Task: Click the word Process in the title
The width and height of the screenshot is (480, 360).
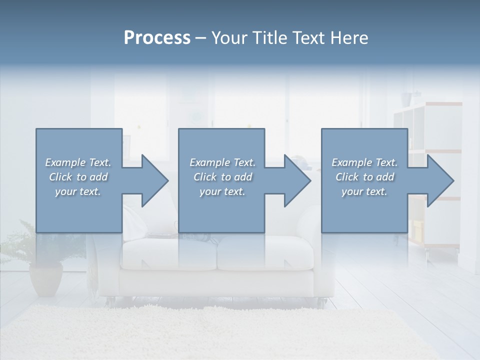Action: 157,38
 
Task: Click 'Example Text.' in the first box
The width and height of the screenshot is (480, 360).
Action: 78,162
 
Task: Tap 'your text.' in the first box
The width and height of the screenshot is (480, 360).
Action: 78,191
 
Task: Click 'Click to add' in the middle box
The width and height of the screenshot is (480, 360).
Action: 222,177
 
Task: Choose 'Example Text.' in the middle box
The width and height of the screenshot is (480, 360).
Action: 222,162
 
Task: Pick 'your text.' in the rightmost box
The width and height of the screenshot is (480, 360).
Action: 364,191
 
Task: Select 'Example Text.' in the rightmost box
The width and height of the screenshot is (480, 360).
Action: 364,162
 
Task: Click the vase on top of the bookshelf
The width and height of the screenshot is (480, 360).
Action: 405,98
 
